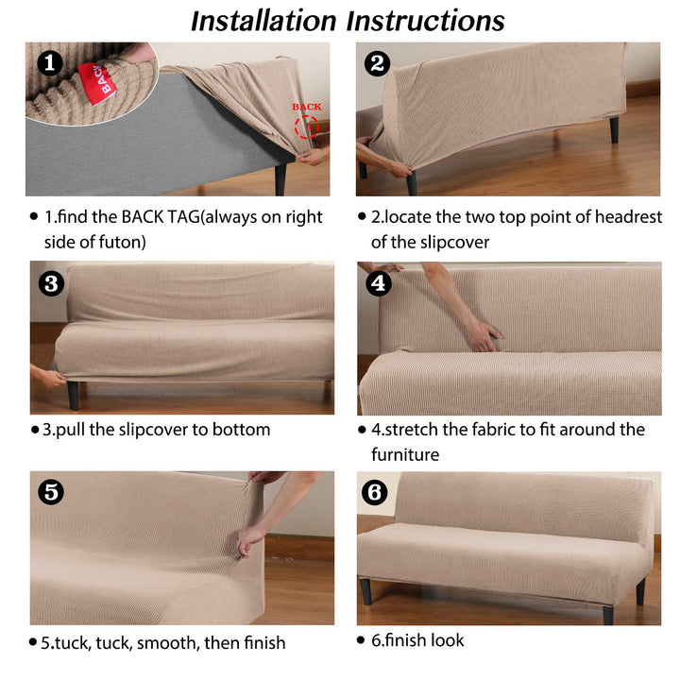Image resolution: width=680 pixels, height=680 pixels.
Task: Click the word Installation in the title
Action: coord(263,21)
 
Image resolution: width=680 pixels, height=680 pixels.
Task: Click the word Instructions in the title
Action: coord(425,21)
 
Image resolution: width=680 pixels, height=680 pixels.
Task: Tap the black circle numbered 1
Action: coord(50,63)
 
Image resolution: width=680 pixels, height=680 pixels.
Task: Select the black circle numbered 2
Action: coord(377,63)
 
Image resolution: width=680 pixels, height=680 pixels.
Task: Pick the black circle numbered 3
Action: coord(51,284)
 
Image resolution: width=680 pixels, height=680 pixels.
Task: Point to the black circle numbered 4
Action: coord(378,283)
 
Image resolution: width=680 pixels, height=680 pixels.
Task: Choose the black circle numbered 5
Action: coord(51,492)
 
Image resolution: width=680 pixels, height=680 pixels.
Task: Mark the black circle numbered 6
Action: coord(375,492)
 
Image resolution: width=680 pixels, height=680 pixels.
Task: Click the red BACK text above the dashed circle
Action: coord(307,107)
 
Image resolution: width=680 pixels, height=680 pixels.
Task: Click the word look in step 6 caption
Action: coord(446,640)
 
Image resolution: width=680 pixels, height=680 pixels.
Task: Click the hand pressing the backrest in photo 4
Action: coord(484,335)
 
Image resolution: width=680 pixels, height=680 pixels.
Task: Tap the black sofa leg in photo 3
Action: coord(74,395)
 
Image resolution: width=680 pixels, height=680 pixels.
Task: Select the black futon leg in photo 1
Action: coord(280,178)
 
